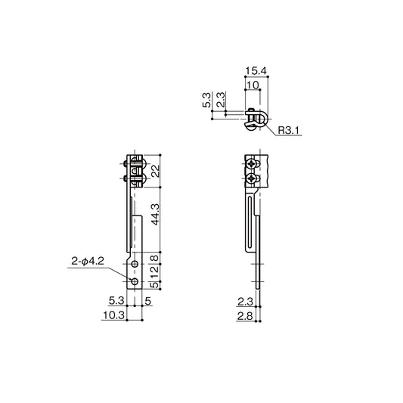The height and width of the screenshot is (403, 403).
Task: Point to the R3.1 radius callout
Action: point(289,131)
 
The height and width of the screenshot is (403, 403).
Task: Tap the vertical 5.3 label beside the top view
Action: point(206,101)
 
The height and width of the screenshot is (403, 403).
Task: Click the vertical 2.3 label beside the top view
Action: point(219,101)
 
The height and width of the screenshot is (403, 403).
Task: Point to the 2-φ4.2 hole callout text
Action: point(87,261)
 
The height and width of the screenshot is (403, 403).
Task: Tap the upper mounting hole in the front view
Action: point(134,266)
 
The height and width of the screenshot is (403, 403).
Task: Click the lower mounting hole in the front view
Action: point(134,281)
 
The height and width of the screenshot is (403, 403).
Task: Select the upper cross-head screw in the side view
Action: point(250,165)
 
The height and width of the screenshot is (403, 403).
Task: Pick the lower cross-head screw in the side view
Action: point(250,178)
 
